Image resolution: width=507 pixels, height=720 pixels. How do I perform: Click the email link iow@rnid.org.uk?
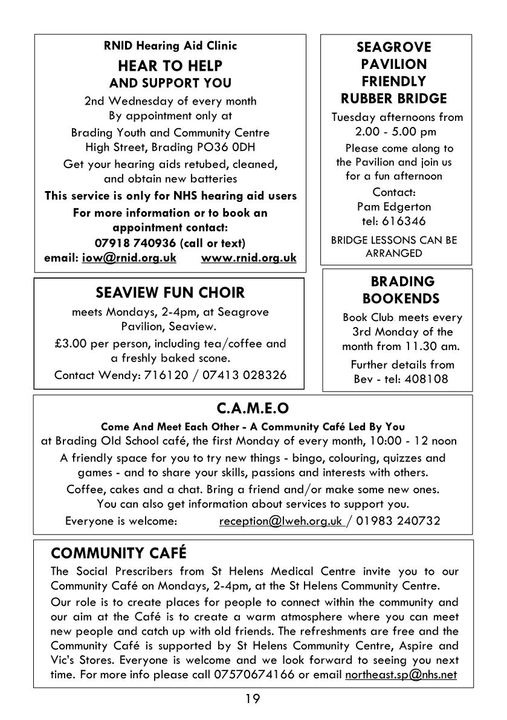(129, 258)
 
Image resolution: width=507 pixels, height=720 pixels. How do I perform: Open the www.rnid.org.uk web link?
(248, 258)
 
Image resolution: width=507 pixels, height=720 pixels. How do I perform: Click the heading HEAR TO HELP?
(170, 65)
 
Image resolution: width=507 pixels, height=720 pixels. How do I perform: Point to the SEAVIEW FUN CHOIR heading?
(170, 293)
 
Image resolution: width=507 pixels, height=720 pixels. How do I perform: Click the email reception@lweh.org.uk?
(280, 521)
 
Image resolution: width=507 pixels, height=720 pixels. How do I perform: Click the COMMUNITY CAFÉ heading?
(118, 553)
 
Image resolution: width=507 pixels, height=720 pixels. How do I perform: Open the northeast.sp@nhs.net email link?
(401, 674)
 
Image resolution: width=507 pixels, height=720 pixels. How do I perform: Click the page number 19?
(253, 699)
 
